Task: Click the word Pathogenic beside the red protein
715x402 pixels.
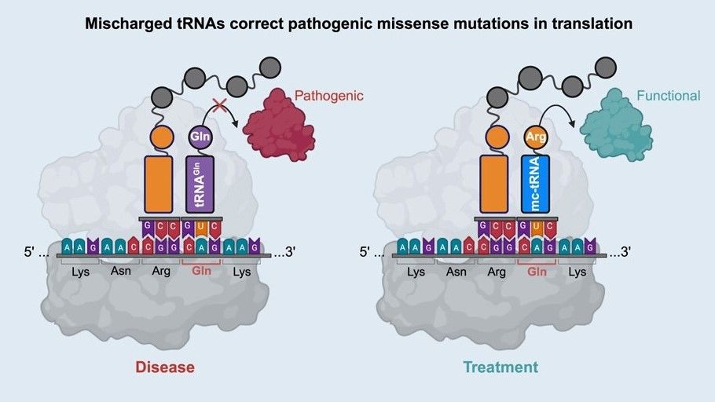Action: [329, 97]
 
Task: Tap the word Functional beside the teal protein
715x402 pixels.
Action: [668, 96]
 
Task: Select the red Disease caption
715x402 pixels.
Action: [165, 367]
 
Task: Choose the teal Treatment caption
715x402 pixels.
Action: [500, 367]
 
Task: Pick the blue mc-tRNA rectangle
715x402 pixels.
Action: [534, 183]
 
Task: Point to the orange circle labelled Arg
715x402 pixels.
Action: [534, 137]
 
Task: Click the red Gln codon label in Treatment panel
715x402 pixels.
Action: [537, 272]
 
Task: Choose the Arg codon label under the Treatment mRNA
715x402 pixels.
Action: [497, 272]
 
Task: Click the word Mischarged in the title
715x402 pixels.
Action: [123, 24]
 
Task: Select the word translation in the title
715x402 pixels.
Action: [597, 24]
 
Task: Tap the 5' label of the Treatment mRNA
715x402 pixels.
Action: [370, 253]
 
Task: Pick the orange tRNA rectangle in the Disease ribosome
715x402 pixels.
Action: [161, 183]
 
